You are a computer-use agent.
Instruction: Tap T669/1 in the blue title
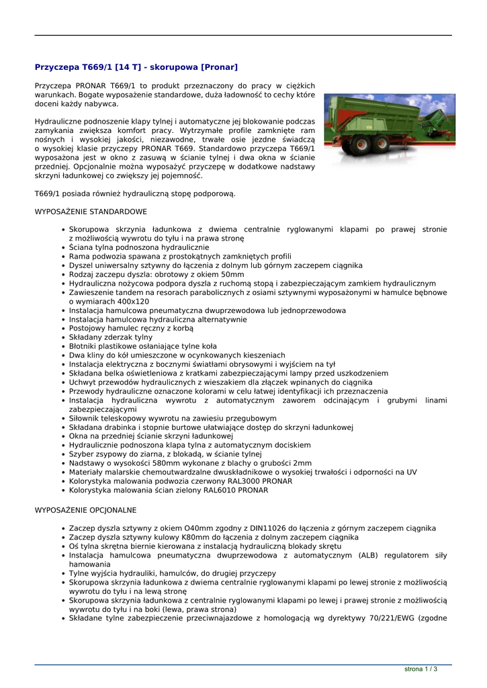[97, 67]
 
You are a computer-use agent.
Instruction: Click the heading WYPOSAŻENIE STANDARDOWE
[91, 212]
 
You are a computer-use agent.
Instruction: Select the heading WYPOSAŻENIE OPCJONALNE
[85, 510]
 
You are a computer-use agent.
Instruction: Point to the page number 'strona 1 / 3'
[421, 669]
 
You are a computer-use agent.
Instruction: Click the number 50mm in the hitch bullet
[232, 275]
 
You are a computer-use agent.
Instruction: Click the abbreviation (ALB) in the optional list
[372, 555]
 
